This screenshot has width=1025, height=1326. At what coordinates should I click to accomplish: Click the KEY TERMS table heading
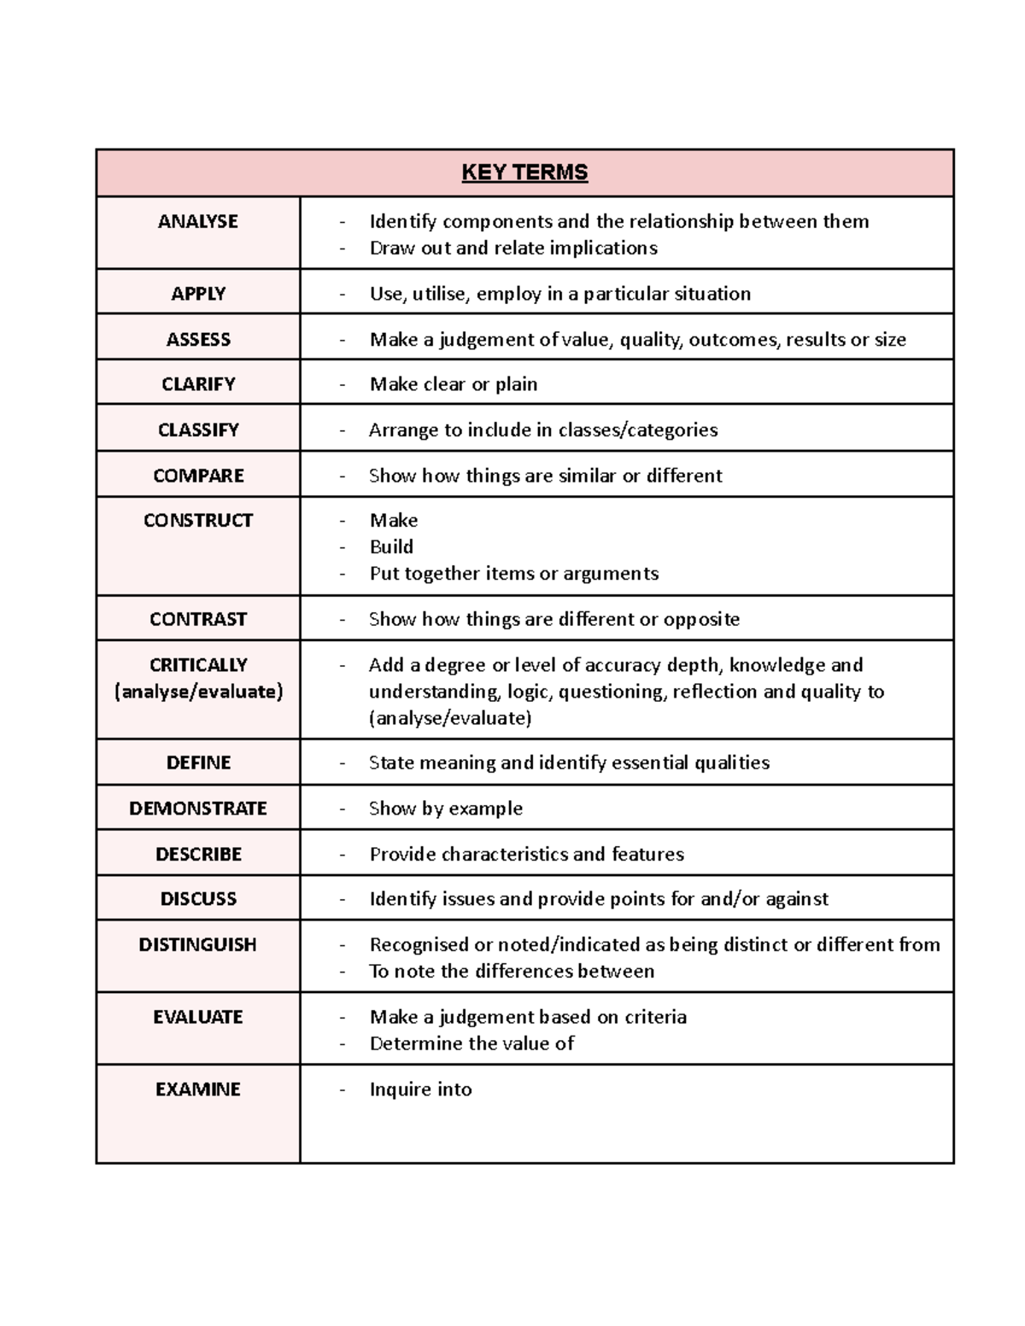[524, 172]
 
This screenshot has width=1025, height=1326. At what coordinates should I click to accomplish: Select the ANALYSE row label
[198, 221]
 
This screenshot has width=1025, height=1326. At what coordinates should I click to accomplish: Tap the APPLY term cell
[198, 294]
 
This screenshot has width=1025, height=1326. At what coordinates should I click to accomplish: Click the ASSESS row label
[198, 339]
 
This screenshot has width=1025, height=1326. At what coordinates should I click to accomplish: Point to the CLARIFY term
[198, 384]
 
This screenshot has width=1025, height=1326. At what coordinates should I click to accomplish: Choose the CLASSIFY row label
[198, 429]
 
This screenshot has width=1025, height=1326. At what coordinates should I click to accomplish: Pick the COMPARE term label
[198, 476]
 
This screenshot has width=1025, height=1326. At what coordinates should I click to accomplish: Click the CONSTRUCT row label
[198, 520]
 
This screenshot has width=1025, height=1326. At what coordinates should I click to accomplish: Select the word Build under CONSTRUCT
[391, 546]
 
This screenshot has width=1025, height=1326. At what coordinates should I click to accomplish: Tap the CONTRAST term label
[198, 619]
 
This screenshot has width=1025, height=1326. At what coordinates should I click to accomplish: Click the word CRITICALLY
[198, 664]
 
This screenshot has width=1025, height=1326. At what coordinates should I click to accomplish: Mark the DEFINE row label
[198, 762]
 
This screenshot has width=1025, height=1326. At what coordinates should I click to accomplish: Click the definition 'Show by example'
[445, 809]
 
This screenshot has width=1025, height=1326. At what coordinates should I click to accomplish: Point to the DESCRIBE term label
[198, 854]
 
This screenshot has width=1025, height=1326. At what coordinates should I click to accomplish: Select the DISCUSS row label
[198, 898]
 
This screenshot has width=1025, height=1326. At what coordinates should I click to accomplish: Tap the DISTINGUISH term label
[198, 944]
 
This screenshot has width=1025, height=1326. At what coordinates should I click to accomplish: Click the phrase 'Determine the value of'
[471, 1043]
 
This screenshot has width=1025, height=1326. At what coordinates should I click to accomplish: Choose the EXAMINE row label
[198, 1089]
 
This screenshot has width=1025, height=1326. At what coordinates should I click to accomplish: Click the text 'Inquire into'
[420, 1089]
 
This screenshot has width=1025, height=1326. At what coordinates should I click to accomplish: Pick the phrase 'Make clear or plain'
[453, 384]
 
